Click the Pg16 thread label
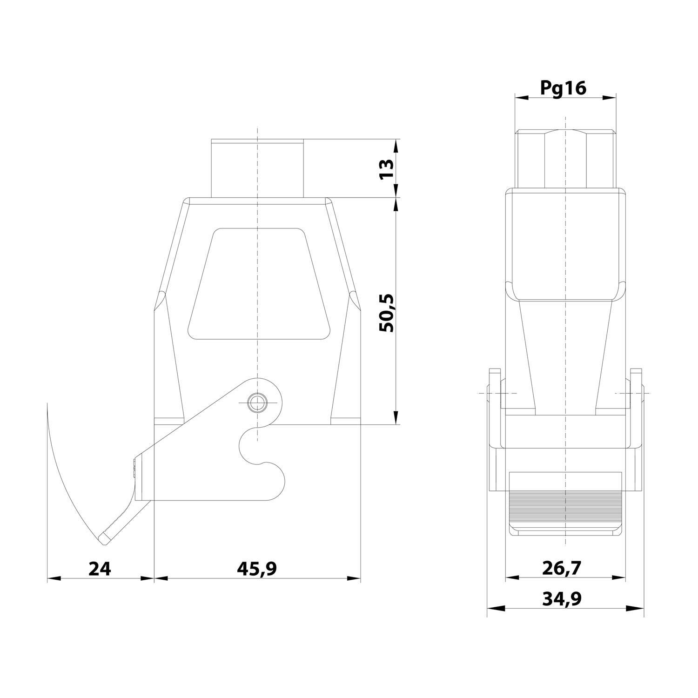point(564,87)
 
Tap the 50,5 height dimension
point(386,313)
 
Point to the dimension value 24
point(100,568)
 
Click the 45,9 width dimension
point(256,568)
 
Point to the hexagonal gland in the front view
point(565,158)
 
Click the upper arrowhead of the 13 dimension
point(396,145)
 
